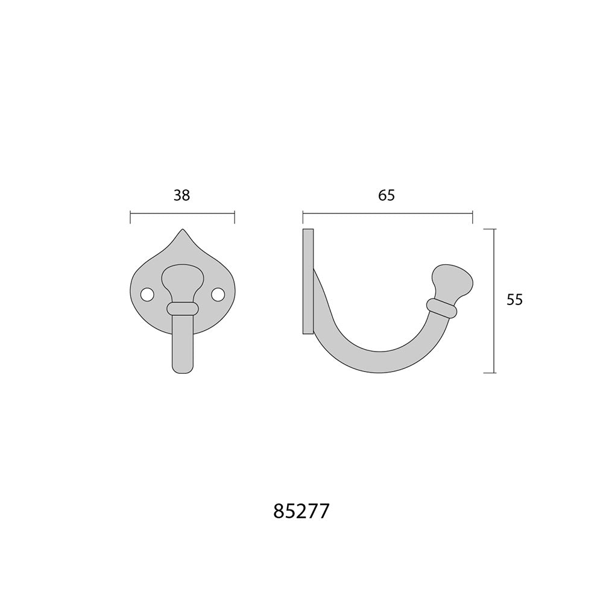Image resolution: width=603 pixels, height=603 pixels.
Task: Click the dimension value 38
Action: [182, 196]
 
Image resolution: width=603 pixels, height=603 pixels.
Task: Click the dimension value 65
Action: [387, 196]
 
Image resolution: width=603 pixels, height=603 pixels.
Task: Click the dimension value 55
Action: [514, 300]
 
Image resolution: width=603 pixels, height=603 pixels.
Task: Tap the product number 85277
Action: [301, 511]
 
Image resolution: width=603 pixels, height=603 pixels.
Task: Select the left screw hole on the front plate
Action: [147, 295]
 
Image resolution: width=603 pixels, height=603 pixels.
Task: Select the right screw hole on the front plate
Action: [218, 295]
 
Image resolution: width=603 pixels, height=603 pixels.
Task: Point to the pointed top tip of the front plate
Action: [182, 230]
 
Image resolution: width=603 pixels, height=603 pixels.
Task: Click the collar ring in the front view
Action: [183, 308]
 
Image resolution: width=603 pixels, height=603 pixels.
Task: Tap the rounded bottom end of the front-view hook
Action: [182, 369]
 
